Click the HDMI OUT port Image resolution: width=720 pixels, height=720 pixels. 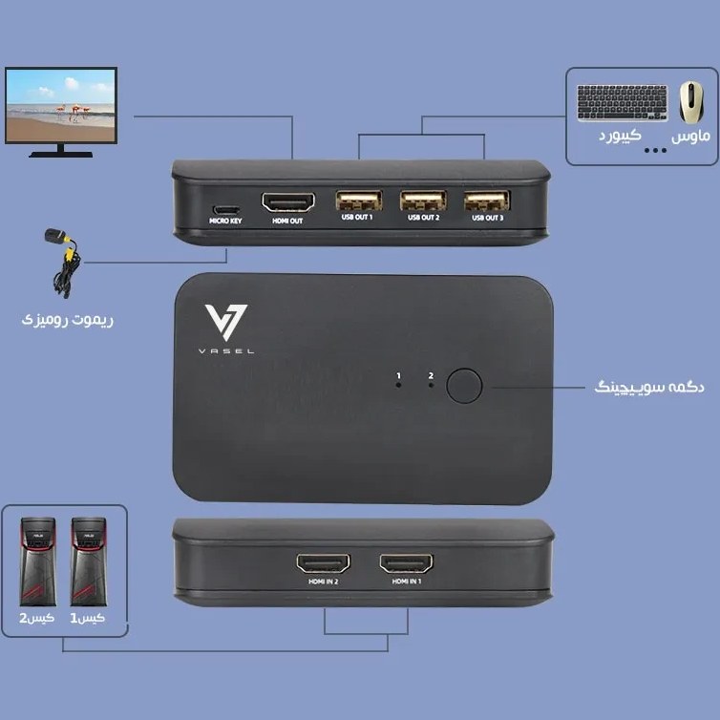(x=288, y=202)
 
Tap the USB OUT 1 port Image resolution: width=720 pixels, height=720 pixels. (x=359, y=201)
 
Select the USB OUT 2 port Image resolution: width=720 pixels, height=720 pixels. (x=423, y=201)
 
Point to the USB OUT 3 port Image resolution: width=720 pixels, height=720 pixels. (x=487, y=201)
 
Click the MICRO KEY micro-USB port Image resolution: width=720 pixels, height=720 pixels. (x=225, y=210)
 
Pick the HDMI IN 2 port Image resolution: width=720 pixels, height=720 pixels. (x=324, y=563)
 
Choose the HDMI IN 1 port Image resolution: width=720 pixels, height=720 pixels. (x=407, y=563)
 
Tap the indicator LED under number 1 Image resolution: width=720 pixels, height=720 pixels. (x=398, y=385)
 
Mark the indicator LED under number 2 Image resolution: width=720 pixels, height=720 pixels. (x=431, y=385)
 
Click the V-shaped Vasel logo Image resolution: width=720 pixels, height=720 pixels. (x=226, y=322)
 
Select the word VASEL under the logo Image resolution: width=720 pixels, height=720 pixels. (x=226, y=351)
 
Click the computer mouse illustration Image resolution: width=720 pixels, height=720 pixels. (x=691, y=102)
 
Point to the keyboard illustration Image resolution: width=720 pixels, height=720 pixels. (x=623, y=103)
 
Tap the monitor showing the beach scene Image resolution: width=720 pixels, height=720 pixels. (x=61, y=112)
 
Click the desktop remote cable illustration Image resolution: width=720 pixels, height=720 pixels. (x=63, y=264)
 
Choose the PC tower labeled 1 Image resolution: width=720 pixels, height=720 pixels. (x=89, y=562)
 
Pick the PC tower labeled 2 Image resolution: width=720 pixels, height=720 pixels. (x=38, y=562)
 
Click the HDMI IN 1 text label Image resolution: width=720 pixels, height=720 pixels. (x=407, y=582)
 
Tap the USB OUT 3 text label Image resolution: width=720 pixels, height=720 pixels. (x=488, y=218)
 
